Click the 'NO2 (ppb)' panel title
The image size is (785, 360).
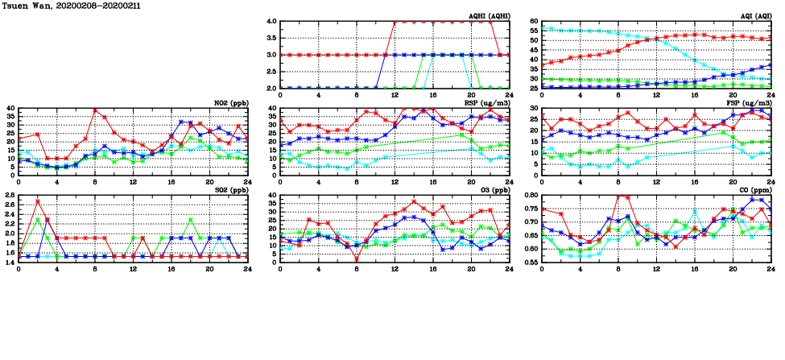pyautogui.click(x=229, y=104)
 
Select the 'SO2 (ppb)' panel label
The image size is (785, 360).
pyautogui.click(x=229, y=190)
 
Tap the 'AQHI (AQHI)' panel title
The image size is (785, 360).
pyautogui.click(x=489, y=17)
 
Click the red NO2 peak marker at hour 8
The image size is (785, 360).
pyautogui.click(x=95, y=110)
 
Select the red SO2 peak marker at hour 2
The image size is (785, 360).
pyautogui.click(x=38, y=201)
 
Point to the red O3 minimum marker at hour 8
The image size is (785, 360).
pyautogui.click(x=357, y=259)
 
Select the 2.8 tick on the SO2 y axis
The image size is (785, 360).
pyautogui.click(x=10, y=195)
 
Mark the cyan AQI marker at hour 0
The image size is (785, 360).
pyautogui.click(x=542, y=28)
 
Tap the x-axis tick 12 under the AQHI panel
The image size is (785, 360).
pyautogui.click(x=395, y=95)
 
